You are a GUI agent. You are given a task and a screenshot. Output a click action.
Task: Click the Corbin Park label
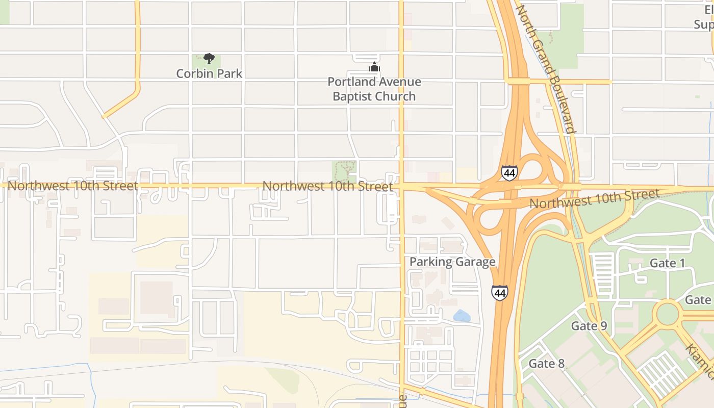(x=209, y=73)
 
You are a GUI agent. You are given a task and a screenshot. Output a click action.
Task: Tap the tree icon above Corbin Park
(x=209, y=58)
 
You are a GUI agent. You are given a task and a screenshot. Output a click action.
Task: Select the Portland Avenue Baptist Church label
(x=374, y=89)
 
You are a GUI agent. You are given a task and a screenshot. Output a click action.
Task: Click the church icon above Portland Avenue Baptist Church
(x=374, y=67)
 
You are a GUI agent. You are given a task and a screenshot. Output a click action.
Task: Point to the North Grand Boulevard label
(x=546, y=69)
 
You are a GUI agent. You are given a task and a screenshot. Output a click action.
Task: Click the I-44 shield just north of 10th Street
(x=509, y=173)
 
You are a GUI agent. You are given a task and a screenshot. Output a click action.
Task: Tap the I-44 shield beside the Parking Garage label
(x=500, y=293)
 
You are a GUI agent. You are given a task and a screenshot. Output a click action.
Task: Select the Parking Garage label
(x=452, y=262)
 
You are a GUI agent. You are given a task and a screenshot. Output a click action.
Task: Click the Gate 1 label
(x=667, y=263)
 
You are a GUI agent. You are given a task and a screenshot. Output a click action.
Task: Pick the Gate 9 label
(x=589, y=326)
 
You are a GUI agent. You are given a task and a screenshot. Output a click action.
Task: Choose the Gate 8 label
(x=547, y=364)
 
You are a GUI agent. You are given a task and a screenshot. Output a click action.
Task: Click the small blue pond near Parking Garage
(x=462, y=316)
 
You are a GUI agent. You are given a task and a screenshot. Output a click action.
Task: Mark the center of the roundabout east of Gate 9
(x=668, y=314)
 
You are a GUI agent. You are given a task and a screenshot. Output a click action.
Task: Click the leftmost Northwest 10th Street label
(x=72, y=186)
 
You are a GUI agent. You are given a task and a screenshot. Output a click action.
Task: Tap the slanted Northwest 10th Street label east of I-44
(x=594, y=199)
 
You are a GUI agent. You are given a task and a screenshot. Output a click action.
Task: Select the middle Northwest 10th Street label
(x=327, y=186)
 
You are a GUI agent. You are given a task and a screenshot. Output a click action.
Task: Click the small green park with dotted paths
(x=344, y=171)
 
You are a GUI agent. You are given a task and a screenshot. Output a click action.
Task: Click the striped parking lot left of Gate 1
(x=603, y=270)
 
